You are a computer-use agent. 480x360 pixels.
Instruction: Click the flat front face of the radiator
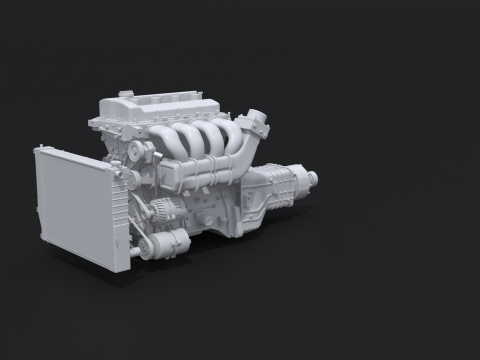point(75,205)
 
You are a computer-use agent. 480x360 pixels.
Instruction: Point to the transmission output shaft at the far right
point(313,179)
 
